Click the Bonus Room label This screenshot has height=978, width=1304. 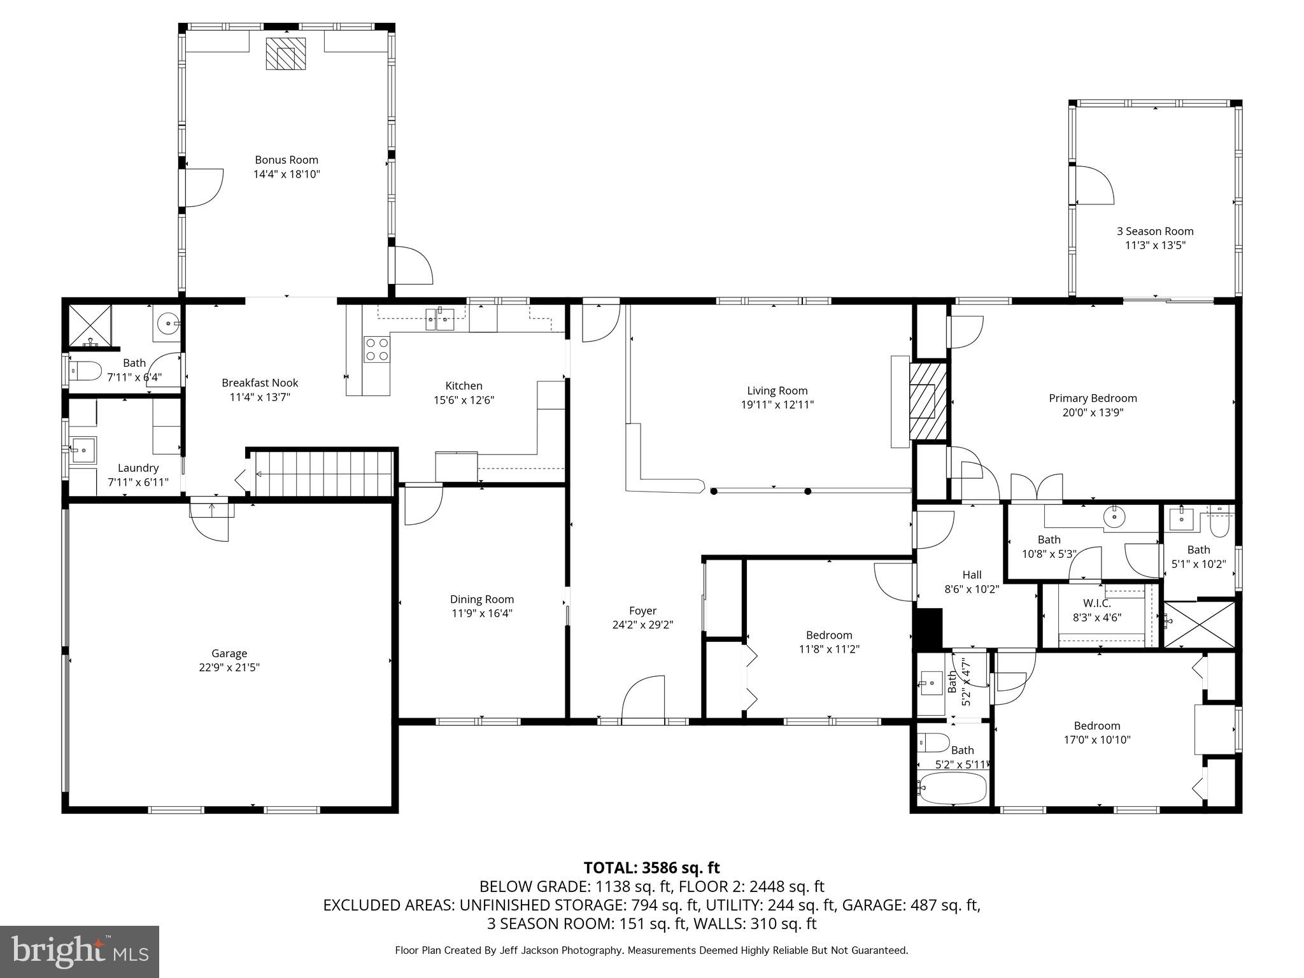(287, 160)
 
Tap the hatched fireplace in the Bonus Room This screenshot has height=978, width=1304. (285, 53)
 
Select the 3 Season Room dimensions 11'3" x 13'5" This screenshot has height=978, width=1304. (1155, 245)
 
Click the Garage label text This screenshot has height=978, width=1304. (229, 653)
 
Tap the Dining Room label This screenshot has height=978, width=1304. (482, 599)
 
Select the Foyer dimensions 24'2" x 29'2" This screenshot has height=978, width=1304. (642, 625)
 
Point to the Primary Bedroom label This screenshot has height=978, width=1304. (1093, 398)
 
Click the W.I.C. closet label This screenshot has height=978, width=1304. (1097, 603)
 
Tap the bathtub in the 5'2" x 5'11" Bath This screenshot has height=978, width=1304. (953, 788)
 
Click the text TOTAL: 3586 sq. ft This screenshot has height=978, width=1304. (651, 867)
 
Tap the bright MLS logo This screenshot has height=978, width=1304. (80, 951)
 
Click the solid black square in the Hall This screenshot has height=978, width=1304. (928, 628)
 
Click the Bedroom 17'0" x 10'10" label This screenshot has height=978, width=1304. (1096, 725)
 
